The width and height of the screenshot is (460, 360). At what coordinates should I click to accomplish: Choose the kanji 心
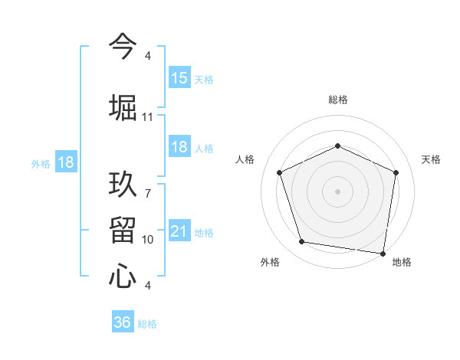(x=123, y=276)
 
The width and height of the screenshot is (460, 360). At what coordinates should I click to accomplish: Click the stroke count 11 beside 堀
(x=147, y=117)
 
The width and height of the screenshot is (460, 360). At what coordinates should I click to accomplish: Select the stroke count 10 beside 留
(x=147, y=240)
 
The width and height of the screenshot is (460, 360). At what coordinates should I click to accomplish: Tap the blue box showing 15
(x=179, y=77)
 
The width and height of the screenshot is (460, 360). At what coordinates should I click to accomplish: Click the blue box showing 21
(x=179, y=231)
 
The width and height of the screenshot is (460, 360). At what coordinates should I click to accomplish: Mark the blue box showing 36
(x=123, y=322)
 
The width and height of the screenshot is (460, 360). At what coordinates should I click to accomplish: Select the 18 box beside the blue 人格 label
(x=179, y=147)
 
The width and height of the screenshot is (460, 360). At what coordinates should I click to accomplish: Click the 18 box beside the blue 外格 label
(x=65, y=162)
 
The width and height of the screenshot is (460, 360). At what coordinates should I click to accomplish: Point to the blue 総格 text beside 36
(x=147, y=324)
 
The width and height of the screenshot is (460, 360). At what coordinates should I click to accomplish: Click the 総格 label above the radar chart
(x=338, y=100)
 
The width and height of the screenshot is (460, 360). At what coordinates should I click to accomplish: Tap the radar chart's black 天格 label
(x=432, y=159)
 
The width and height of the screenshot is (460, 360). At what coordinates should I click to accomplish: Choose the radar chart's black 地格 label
(x=402, y=262)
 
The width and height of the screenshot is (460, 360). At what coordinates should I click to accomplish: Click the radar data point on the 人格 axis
(x=280, y=172)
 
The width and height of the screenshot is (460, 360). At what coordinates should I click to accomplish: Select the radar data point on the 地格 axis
(x=383, y=253)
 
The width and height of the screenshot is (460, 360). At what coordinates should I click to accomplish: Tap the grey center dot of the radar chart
(x=337, y=191)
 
